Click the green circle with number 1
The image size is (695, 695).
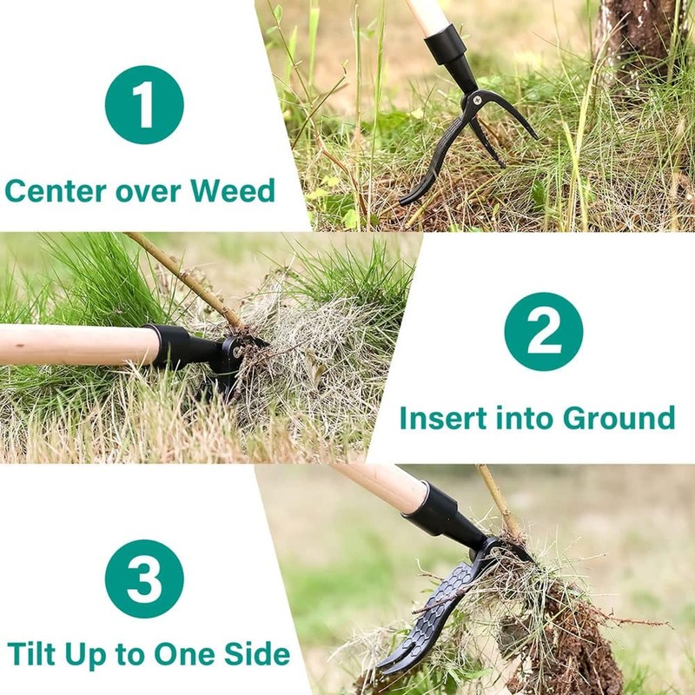point(144,104)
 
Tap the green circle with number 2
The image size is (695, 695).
point(543,331)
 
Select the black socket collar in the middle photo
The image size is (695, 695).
point(178,346)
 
